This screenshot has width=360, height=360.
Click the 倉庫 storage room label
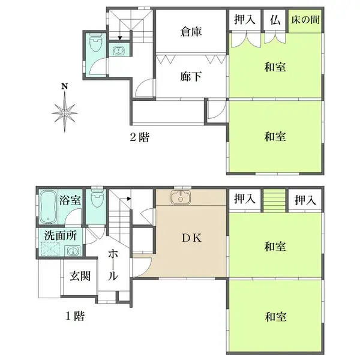click(x=191, y=32)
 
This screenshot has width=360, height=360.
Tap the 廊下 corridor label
click(x=190, y=76)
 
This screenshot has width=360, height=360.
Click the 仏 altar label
click(x=275, y=20)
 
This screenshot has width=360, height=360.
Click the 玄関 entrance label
click(x=79, y=277)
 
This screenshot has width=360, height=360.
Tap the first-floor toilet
click(x=95, y=198)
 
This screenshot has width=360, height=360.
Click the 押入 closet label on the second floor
click(x=244, y=20)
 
